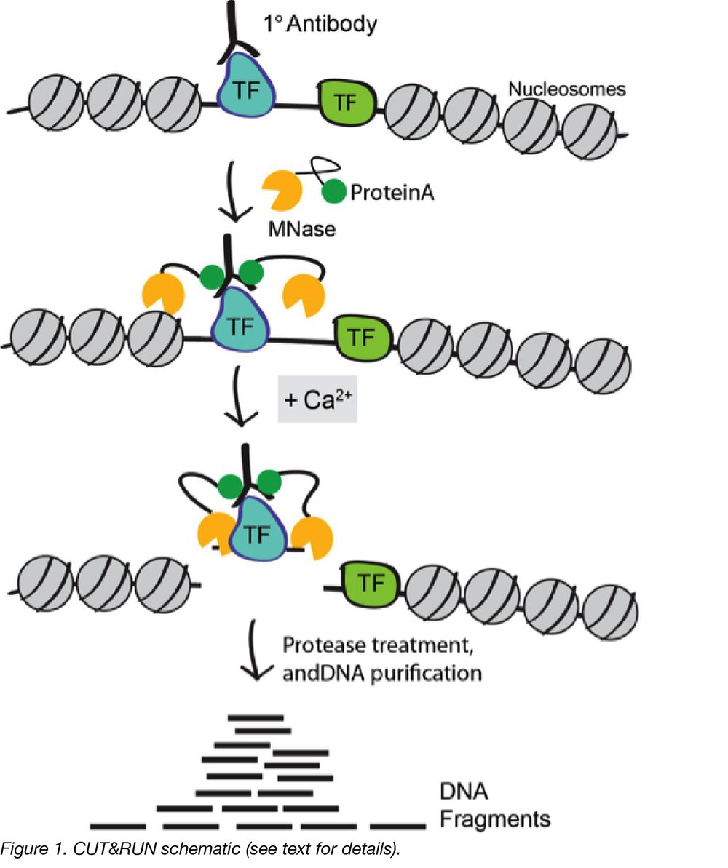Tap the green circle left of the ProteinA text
click(x=333, y=193)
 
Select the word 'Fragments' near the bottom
click(x=494, y=819)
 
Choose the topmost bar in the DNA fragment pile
click(x=256, y=718)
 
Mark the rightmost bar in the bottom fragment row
click(x=397, y=827)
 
